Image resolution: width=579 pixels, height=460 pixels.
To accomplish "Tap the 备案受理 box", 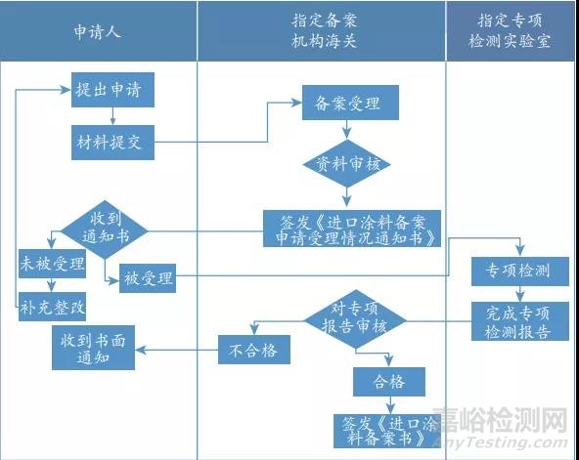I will point(341,102).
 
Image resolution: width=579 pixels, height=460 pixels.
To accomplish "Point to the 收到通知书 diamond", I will point(105,230).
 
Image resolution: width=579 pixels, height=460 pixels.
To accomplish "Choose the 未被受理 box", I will point(53,264).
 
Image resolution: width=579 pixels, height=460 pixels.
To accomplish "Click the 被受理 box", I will point(148,279).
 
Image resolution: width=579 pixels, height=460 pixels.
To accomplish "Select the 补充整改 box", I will point(53,306).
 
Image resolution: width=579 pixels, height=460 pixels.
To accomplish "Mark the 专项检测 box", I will point(519,270).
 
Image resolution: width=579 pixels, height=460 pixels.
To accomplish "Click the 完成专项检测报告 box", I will point(519,323).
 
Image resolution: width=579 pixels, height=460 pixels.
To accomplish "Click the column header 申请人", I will point(99,30).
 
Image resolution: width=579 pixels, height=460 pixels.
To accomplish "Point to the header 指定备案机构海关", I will point(321,30).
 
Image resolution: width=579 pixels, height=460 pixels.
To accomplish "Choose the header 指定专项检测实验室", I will point(511,30).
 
